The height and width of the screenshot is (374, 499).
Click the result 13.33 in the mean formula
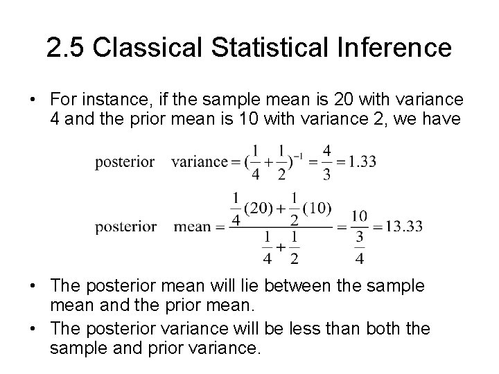[403, 226]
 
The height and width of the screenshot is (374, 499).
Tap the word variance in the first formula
[200, 161]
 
